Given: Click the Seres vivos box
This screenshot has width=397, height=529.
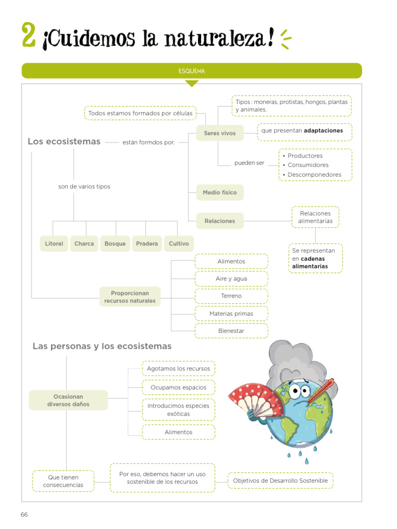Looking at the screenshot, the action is tap(220, 133).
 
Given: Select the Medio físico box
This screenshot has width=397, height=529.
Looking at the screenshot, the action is tap(220, 193).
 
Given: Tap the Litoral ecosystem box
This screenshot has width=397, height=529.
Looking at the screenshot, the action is tap(54, 244).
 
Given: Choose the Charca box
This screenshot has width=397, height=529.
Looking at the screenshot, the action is tap(84, 244).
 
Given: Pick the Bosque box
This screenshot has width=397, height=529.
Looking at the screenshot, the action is tap(115, 244).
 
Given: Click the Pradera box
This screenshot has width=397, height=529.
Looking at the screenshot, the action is tap(147, 244).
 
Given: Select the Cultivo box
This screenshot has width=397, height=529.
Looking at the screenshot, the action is tap(178, 244).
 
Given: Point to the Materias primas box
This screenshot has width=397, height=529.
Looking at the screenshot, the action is tap(231, 314).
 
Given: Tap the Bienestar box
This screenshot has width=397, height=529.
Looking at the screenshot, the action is tap(231, 331).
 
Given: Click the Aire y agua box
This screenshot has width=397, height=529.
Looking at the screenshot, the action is tap(231, 279).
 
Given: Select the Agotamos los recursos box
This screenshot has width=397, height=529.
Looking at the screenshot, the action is tap(178, 369).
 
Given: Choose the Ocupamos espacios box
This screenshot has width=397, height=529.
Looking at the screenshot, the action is tap(178, 387).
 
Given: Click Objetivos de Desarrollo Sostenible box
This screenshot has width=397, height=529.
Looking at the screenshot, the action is tap(280, 481).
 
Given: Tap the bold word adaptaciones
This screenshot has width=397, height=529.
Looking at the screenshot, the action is tap(323, 131).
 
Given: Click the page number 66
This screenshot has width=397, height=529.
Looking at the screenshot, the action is tap(24, 515).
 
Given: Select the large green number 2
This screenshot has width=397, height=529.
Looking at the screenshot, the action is tap(29, 35).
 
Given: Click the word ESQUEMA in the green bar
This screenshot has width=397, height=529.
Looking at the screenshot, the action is tap(192, 71).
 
